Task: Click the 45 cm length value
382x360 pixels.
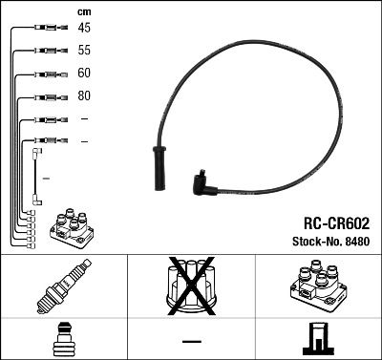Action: [84, 28]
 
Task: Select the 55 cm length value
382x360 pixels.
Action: [84, 51]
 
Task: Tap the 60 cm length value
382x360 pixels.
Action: [84, 74]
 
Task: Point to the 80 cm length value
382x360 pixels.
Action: [84, 96]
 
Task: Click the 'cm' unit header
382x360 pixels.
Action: [83, 11]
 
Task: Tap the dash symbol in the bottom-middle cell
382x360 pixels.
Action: [191, 340]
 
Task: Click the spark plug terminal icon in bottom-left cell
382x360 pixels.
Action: [63, 339]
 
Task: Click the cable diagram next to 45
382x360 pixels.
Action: [44, 28]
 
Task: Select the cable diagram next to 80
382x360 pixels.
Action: [44, 96]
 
